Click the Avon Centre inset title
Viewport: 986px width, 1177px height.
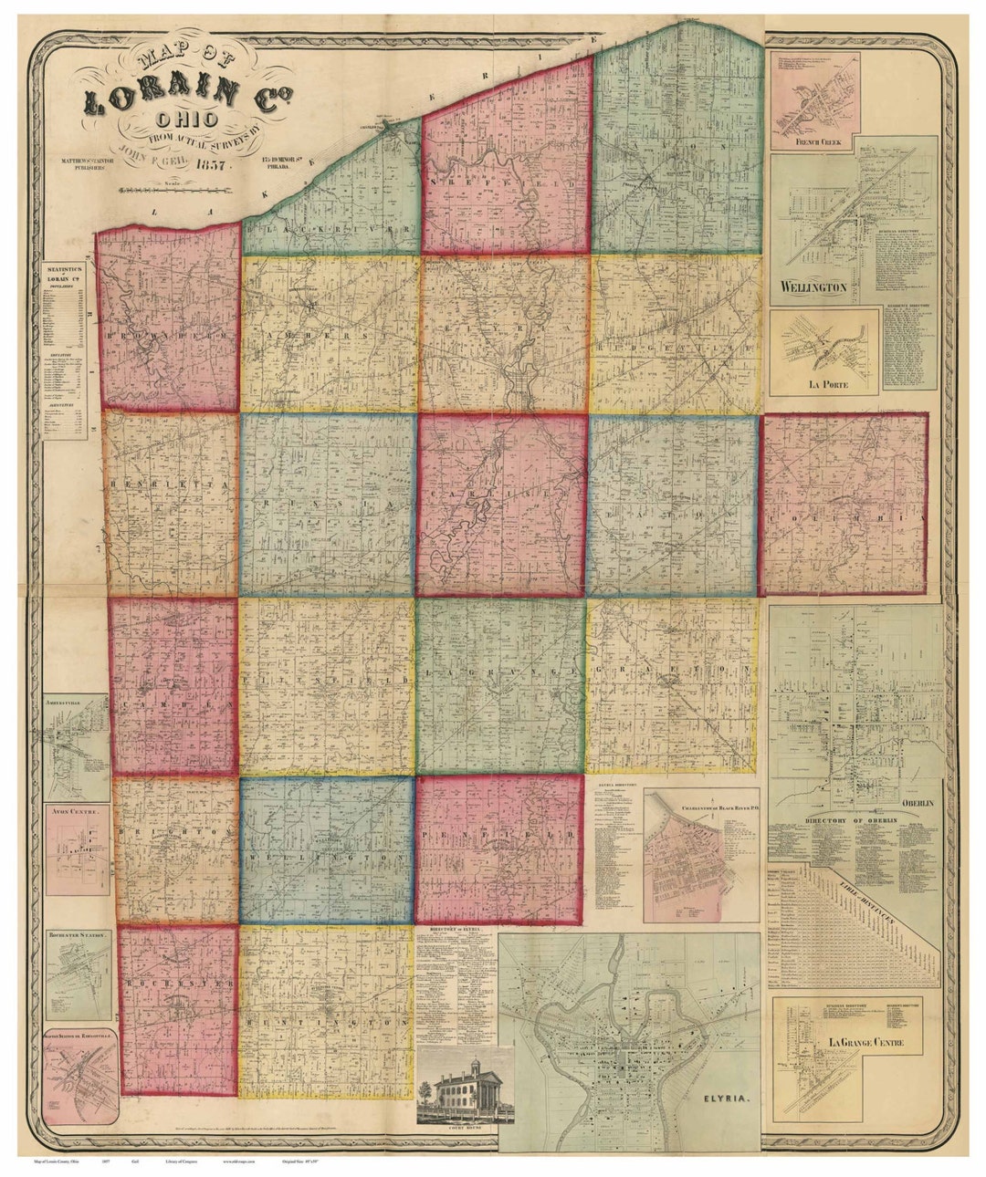78,809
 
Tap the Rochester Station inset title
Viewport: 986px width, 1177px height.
79,936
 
